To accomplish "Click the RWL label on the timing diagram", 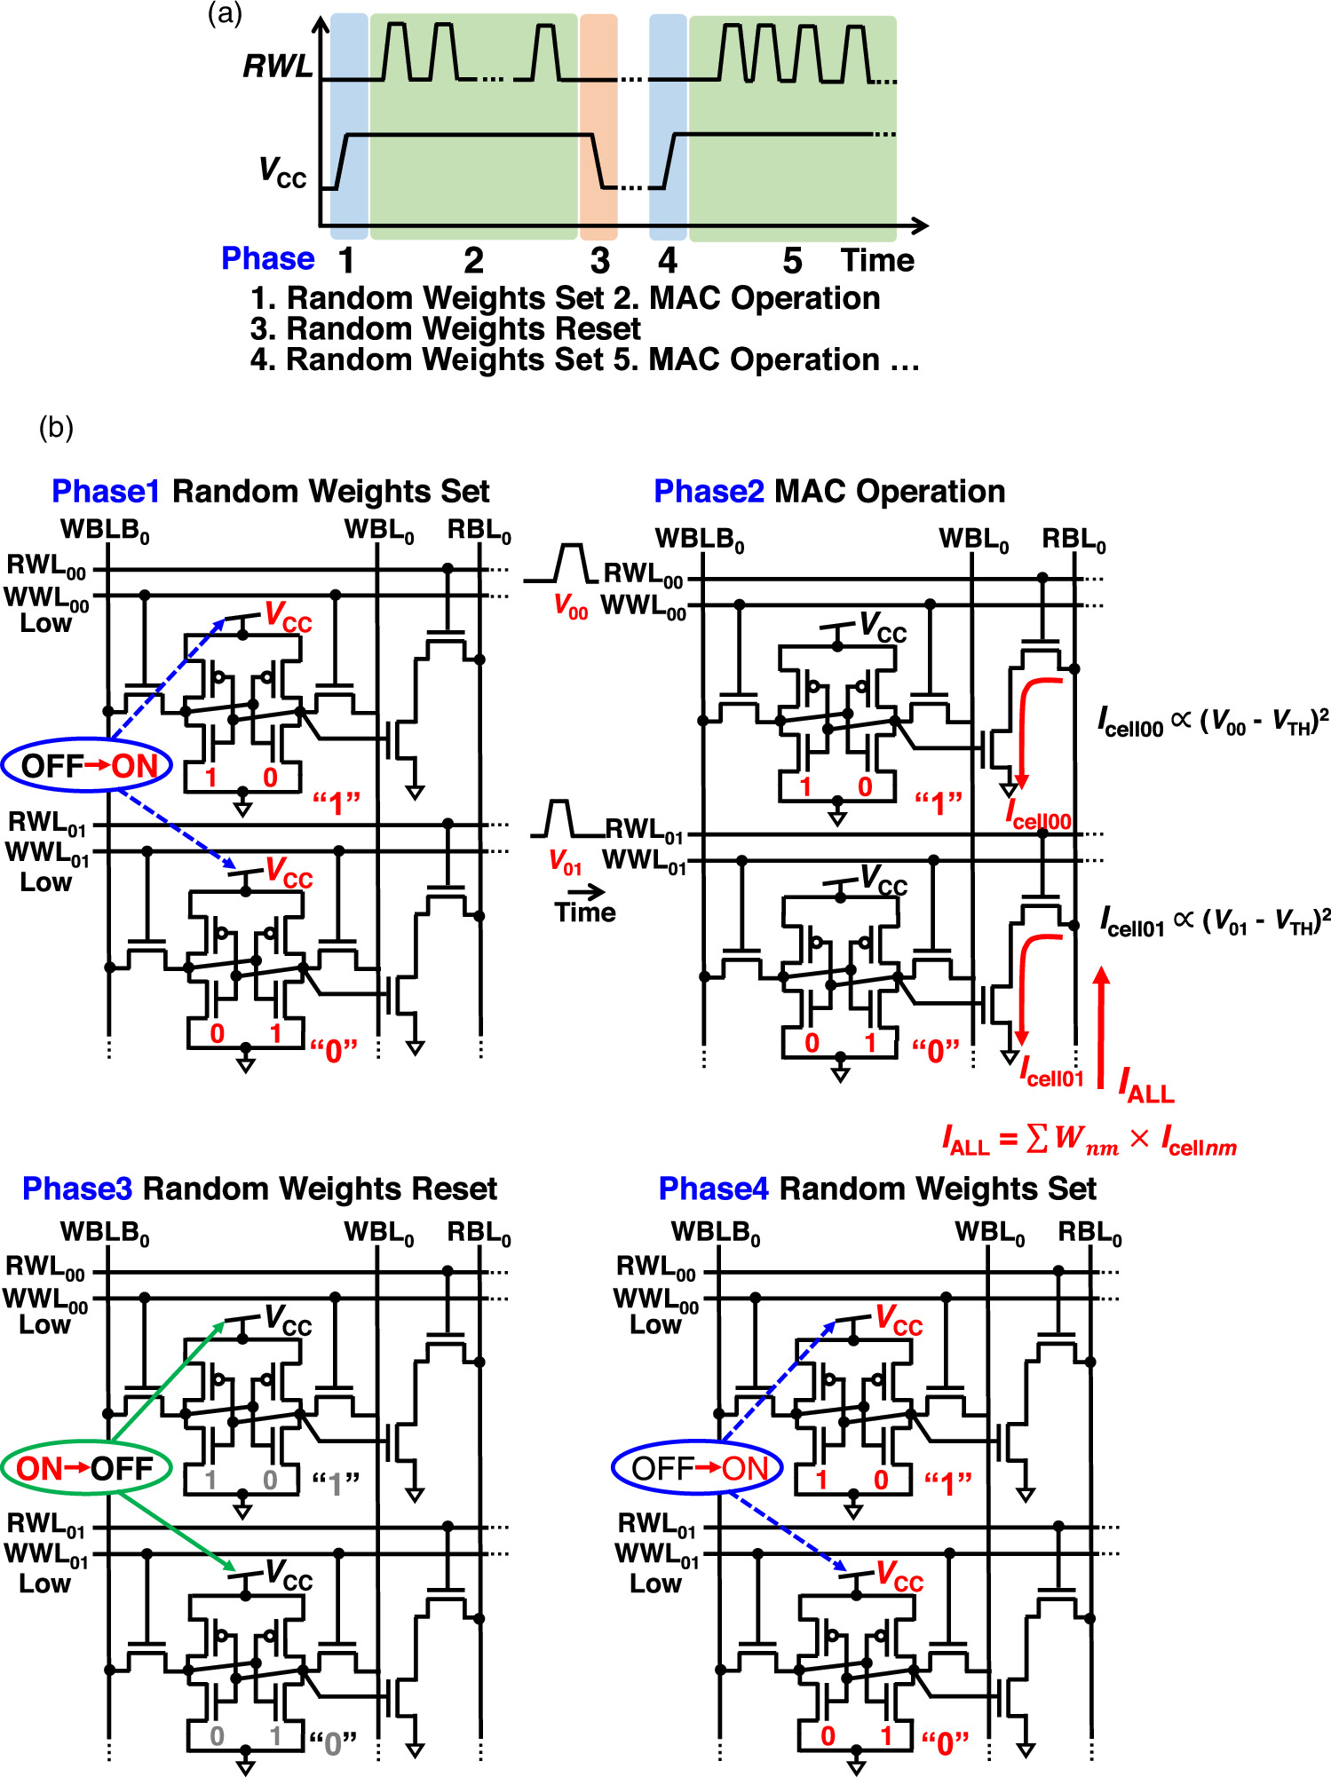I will click(278, 67).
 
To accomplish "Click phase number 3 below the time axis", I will click(600, 261).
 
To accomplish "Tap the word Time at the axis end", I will click(877, 260).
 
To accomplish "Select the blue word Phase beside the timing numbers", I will click(267, 258).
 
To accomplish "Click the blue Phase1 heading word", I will click(106, 491).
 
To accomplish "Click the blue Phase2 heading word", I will click(708, 491).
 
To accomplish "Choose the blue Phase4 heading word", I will click(713, 1189).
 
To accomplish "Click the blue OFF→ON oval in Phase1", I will click(87, 765).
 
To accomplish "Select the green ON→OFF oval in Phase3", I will click(85, 1468).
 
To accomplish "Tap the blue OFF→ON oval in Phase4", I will click(697, 1468).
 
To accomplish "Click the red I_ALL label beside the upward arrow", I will click(1146, 1086).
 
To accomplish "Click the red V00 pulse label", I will click(570, 606).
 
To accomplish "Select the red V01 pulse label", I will click(565, 862).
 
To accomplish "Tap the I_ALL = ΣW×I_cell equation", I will click(1089, 1140).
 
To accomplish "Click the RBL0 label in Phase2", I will click(1074, 540).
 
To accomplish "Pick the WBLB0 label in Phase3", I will click(105, 1233).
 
